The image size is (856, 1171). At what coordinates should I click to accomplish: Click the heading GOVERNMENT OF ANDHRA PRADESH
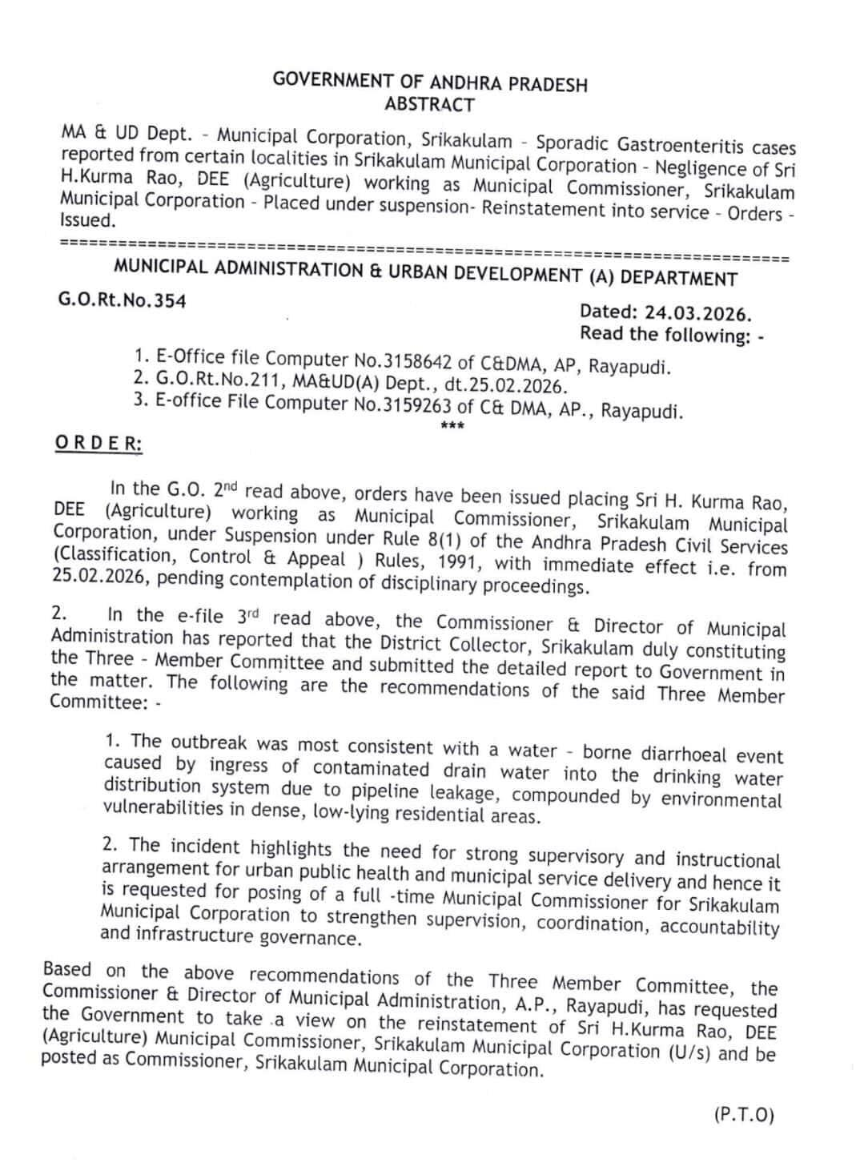point(430,82)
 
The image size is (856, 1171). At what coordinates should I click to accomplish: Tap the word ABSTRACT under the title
point(429,104)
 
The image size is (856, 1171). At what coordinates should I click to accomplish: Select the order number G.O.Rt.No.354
point(123,300)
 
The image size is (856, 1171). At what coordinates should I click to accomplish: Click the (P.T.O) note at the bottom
point(743,1115)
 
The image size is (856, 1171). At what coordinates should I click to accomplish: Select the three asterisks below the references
point(448,425)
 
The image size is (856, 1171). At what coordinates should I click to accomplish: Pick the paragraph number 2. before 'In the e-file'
point(59,614)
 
